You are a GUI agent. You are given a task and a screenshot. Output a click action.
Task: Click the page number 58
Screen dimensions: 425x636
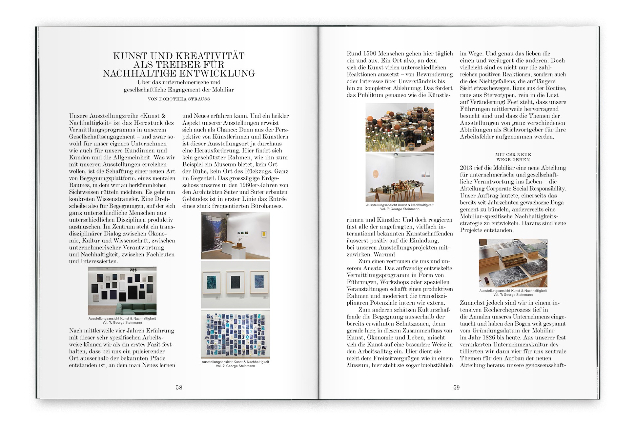click(x=178, y=387)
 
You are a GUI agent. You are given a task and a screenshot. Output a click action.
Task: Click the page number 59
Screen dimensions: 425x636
click(x=456, y=387)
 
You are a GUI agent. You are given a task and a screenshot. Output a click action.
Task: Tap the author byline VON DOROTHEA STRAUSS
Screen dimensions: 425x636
click(x=179, y=99)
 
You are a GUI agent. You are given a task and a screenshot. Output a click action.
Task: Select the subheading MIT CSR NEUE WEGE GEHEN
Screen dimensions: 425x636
click(x=513, y=157)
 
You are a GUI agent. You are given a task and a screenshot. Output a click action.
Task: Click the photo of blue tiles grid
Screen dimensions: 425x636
click(x=235, y=334)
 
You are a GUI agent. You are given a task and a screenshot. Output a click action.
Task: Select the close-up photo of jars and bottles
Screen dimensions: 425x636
click(x=400, y=127)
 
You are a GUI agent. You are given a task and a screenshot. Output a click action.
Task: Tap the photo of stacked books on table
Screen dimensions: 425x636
click(x=513, y=263)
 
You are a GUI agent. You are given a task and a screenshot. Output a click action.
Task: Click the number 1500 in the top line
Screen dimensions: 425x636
click(x=370, y=53)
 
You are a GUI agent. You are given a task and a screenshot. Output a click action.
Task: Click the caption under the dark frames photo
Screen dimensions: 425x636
click(x=122, y=320)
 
